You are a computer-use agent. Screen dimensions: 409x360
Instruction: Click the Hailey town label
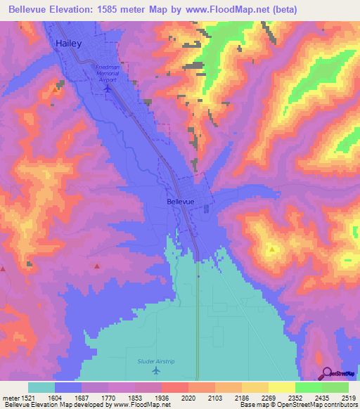69,44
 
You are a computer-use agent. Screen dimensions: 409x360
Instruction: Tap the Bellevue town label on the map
181,202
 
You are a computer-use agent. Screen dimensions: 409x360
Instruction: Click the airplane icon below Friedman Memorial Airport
107,89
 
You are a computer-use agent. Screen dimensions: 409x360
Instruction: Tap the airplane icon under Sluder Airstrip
155,370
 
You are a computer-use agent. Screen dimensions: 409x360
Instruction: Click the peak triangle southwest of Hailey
56,89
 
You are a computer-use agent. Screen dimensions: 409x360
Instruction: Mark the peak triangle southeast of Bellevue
271,249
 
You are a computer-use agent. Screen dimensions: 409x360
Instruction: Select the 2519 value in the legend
349,397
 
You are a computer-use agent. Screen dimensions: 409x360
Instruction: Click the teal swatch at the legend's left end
41,387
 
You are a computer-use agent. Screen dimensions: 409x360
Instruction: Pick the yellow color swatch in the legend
281,387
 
